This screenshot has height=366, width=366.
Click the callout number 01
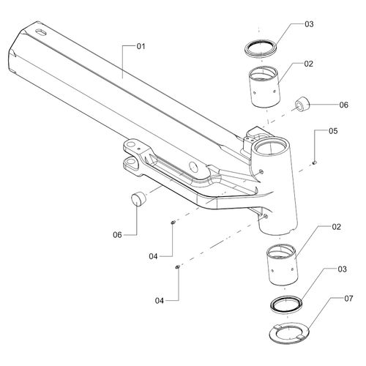[141, 46]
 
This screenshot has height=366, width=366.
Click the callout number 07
[348, 299]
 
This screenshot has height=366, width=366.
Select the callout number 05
[333, 131]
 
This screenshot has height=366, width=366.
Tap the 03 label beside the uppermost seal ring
[309, 24]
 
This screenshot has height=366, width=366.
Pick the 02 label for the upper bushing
[308, 64]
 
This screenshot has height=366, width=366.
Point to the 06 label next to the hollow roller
[344, 105]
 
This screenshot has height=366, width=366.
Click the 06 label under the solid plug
[117, 235]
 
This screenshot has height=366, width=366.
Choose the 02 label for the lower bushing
[336, 227]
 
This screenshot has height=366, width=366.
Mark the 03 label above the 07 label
[342, 269]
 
